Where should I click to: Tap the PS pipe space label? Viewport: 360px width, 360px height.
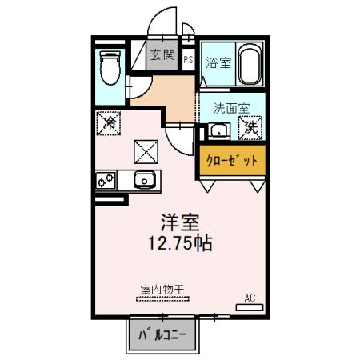(188, 59)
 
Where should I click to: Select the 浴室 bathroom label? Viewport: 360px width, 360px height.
(218, 63)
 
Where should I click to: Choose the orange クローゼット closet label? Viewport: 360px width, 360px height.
(233, 160)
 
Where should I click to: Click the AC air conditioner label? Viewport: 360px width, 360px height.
(250, 298)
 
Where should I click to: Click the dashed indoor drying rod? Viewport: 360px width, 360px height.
(164, 299)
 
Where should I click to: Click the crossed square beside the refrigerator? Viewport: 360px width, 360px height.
(145, 150)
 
